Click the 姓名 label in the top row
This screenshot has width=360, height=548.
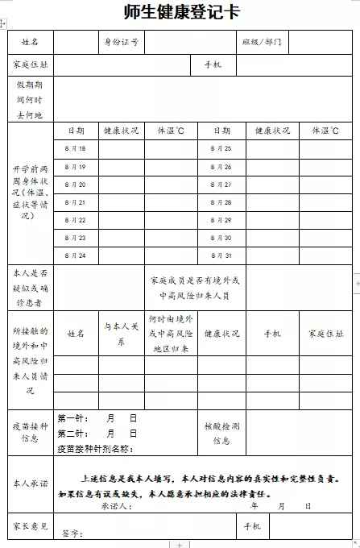[30, 41]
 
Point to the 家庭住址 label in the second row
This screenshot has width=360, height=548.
[30, 64]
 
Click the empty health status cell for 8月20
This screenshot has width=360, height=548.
[121, 185]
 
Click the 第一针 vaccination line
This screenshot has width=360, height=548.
[97, 418]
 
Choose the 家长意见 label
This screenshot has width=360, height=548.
[30, 525]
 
